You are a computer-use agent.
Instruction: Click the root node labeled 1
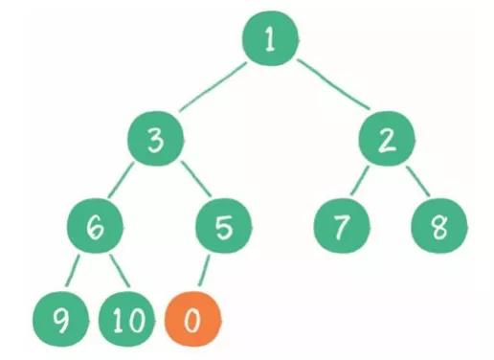pyautogui.click(x=269, y=41)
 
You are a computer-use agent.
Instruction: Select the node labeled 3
pyautogui.click(x=155, y=142)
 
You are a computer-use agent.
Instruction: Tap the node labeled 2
pyautogui.click(x=386, y=142)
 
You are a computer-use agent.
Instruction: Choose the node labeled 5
pyautogui.click(x=222, y=228)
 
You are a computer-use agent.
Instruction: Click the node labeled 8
pyautogui.click(x=438, y=229)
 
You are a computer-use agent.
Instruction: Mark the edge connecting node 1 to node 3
pyautogui.click(x=213, y=91)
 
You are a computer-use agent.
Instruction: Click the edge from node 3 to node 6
pyautogui.click(x=123, y=186)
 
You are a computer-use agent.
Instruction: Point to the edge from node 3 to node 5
pyautogui.click(x=190, y=185)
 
